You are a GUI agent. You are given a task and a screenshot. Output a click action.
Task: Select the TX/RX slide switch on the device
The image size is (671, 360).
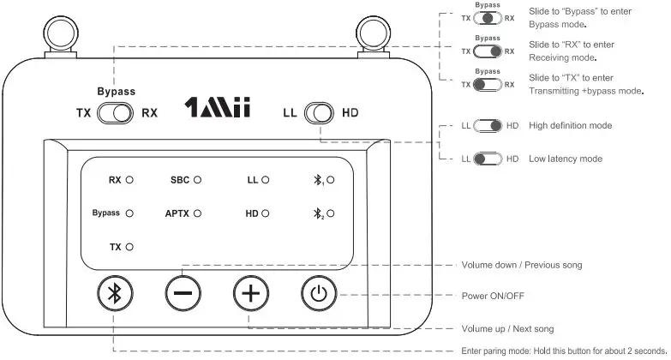117,112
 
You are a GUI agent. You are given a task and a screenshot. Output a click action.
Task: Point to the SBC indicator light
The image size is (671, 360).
197,181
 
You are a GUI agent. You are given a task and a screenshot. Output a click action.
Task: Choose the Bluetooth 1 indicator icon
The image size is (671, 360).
321,181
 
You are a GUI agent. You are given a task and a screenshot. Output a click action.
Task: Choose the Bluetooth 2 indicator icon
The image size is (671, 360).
321,213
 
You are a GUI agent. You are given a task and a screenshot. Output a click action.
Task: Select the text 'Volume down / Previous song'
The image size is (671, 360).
521,265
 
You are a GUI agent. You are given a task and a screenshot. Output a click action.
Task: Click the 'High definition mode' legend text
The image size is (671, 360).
570,126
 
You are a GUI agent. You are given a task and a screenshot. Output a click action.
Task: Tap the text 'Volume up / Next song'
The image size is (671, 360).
507,328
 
